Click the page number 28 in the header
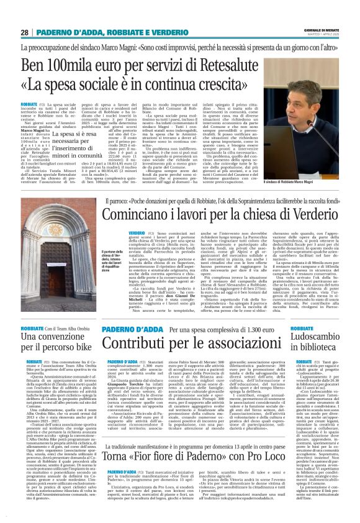25,32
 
